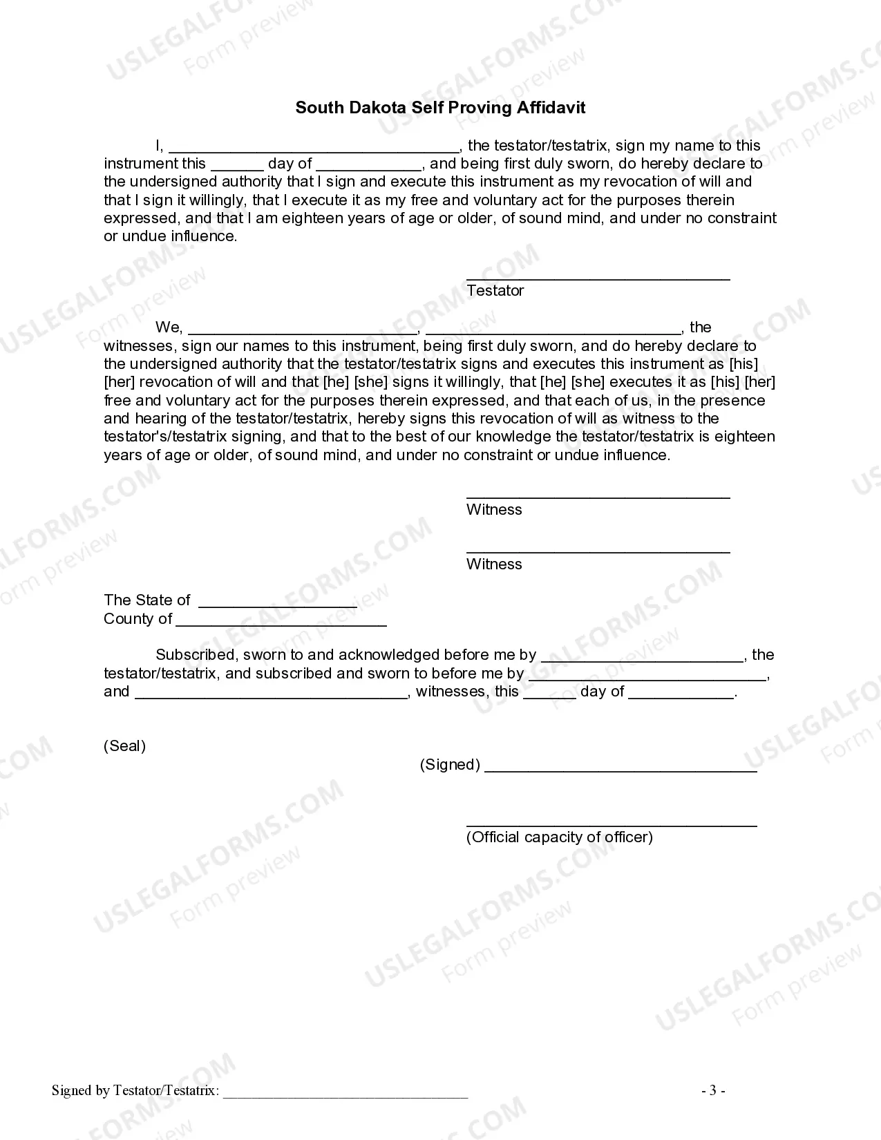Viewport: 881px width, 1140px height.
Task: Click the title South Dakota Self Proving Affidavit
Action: [x=440, y=108]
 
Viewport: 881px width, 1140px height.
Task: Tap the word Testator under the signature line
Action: [x=495, y=291]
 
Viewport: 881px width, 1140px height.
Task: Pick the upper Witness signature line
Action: [x=598, y=496]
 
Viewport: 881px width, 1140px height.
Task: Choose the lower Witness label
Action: [x=494, y=564]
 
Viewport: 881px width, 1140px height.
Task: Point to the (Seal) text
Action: [x=124, y=746]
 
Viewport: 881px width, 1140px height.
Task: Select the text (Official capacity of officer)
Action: [x=559, y=837]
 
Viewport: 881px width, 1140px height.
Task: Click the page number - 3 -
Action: [x=713, y=1091]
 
